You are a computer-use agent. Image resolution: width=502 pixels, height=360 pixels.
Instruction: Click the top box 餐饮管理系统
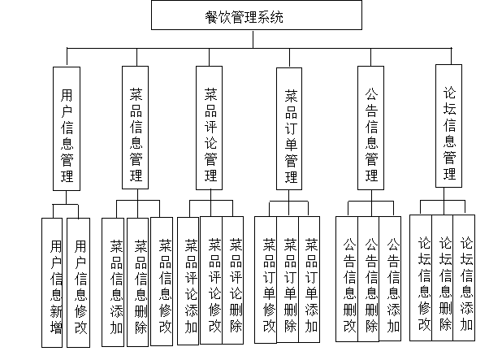pyautogui.click(x=257, y=16)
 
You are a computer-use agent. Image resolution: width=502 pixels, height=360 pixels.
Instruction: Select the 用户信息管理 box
pyautogui.click(x=67, y=128)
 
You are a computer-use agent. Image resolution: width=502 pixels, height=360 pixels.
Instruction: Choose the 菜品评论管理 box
pyautogui.click(x=210, y=128)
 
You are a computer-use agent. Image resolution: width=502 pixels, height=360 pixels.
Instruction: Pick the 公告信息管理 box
pyautogui.click(x=372, y=128)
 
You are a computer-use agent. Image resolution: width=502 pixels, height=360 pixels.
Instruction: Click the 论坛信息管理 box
pyautogui.click(x=450, y=128)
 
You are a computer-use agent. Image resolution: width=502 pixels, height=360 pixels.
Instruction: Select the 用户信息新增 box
pyautogui.click(x=55, y=284)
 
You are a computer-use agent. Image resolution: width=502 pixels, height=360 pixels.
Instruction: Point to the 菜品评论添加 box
pyautogui.click(x=190, y=284)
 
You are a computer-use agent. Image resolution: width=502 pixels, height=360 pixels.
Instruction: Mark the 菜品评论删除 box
pyautogui.click(x=236, y=284)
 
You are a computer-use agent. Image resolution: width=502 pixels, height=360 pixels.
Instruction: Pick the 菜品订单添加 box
pyautogui.click(x=311, y=284)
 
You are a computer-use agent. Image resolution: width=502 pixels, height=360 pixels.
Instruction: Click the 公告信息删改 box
pyautogui.click(x=348, y=284)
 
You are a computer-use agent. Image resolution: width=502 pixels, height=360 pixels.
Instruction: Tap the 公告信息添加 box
pyautogui.click(x=393, y=284)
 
